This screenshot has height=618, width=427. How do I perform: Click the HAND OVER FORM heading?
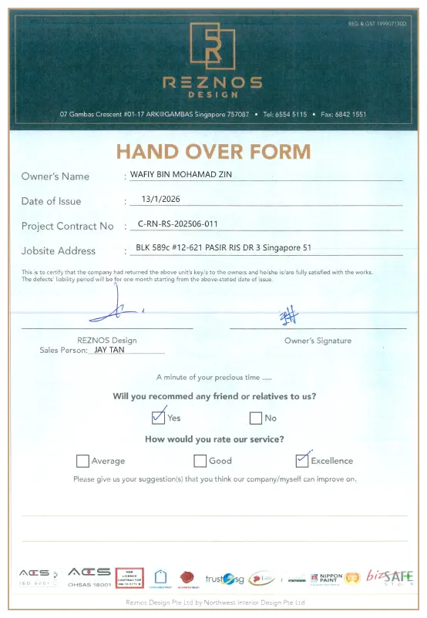213,151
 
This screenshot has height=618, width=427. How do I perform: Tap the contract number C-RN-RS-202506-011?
177,224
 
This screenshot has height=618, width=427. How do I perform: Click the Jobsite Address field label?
59,250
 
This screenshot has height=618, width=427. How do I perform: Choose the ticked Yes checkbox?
158,418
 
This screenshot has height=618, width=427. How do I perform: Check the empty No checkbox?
256,418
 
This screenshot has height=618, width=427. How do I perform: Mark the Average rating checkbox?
82,461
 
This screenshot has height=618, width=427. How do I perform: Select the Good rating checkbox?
200,461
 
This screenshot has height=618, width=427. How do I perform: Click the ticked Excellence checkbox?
302,460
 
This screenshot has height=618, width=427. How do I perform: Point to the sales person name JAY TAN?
109,349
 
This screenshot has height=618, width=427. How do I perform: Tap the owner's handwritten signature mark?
290,316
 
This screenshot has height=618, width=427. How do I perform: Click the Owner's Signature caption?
318,341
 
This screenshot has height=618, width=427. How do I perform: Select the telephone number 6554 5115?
290,114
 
